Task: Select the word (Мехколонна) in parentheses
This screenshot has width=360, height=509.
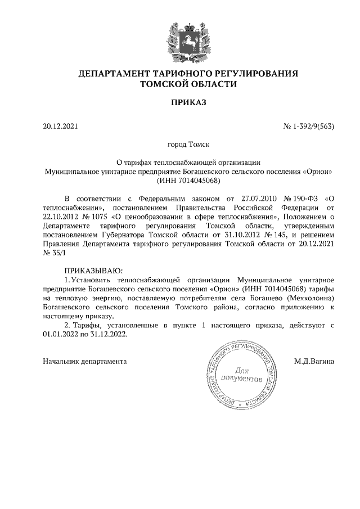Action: [x=311, y=298]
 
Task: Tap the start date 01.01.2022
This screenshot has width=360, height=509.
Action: [x=61, y=334]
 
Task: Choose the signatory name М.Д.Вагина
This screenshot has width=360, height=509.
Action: [x=314, y=361]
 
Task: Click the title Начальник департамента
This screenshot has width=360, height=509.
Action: [x=85, y=361]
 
